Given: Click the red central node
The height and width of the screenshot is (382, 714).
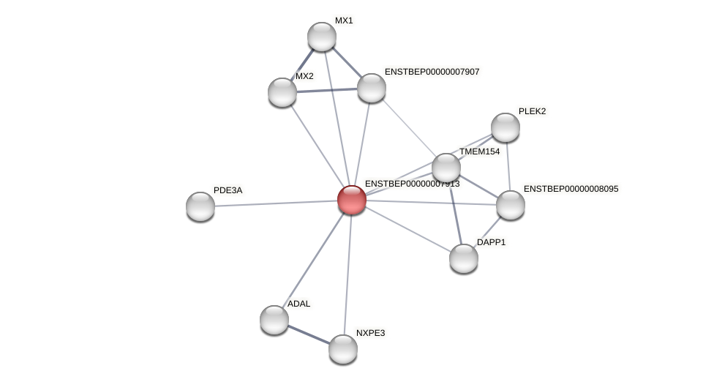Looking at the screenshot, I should point(352,200).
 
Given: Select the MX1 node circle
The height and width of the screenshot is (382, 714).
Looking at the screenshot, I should point(322,37).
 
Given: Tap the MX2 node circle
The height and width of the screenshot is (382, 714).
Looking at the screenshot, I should point(282,92).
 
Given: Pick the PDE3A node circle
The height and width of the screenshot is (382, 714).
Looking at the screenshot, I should point(200,206).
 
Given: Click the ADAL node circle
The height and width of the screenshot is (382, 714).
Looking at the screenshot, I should point(274,320).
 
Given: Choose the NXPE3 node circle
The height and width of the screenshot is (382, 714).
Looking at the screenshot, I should point(343,349).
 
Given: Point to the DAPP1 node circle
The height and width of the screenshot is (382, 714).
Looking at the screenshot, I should point(464,258).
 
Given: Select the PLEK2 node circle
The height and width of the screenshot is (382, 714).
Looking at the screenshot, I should point(506,127).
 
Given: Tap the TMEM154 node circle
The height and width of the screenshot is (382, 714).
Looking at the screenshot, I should point(446,168).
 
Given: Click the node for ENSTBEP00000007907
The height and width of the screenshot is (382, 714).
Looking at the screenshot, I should point(372,88).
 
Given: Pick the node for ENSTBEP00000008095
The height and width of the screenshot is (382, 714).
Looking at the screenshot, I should point(511,205).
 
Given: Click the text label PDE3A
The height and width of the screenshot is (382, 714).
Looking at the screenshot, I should point(228,190).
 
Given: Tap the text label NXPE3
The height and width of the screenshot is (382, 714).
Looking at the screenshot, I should point(370,333).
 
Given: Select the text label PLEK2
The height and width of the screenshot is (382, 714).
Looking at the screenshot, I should point(532,111).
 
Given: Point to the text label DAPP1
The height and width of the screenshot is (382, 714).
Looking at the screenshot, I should point(491,242).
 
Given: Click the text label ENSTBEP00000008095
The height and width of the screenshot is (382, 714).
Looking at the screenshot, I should point(571,189).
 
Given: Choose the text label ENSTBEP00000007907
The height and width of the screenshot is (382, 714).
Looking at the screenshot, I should point(432,72).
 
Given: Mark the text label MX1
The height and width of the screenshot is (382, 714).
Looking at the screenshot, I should point(344,20).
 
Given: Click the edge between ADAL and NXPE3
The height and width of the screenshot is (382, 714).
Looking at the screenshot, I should point(309,334).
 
